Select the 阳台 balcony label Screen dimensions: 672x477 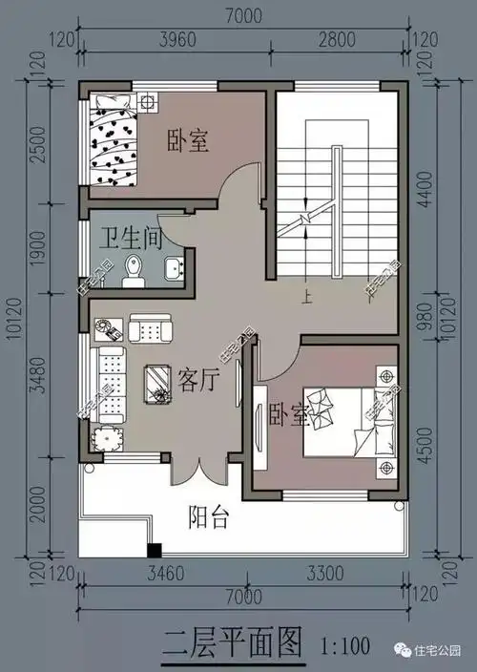[x=208, y=517]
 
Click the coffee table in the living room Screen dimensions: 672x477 [x=158, y=381]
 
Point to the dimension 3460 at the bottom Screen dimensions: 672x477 [x=162, y=575]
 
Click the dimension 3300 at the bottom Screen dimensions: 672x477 [x=326, y=575]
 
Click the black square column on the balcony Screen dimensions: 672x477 [x=154, y=550]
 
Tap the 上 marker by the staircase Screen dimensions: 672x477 [x=306, y=297]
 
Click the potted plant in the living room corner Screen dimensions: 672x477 [x=104, y=438]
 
